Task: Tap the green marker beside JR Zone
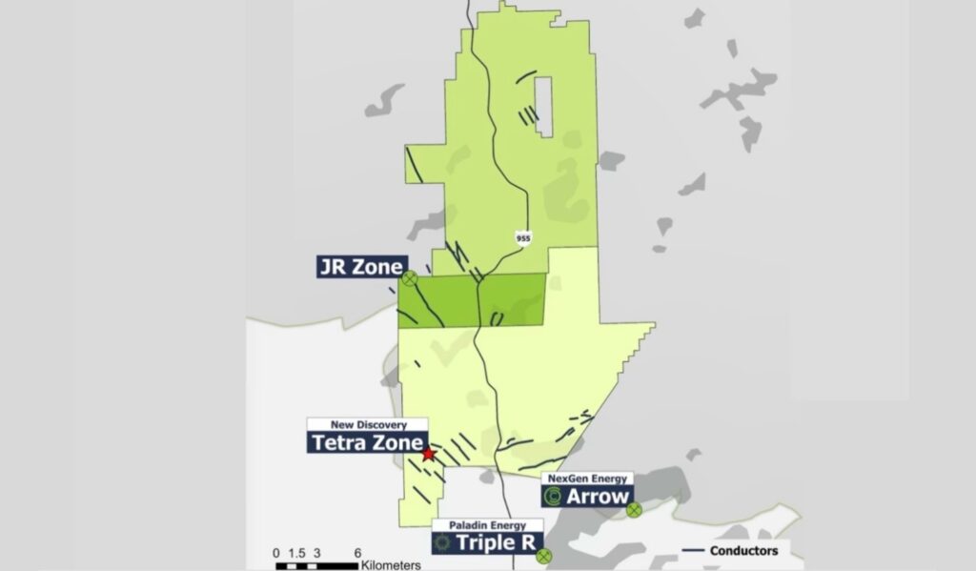coord(409,278)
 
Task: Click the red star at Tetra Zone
coord(428,455)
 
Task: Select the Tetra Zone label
coord(366,442)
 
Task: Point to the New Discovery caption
coord(367,424)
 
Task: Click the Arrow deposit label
coord(598,497)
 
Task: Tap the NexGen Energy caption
coord(585,478)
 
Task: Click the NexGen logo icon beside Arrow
coord(552,497)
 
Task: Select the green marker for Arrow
coord(634,510)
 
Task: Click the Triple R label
coord(498,542)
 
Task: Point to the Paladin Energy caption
coord(488,524)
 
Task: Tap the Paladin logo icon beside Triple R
coord(441,542)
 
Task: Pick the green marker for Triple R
coord(543,555)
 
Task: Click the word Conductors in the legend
coord(744,550)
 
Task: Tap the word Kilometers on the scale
coord(391,565)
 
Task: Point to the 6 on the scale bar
coord(357,553)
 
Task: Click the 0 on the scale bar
coord(276,553)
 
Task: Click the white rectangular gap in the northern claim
coord(543,102)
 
